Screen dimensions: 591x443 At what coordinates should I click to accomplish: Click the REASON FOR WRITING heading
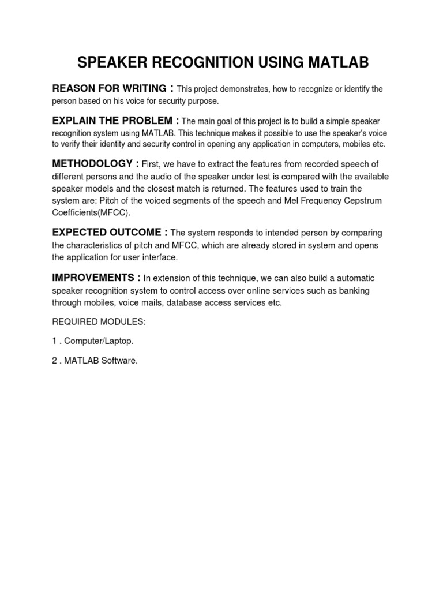point(109,88)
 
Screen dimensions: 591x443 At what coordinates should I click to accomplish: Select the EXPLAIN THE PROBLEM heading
point(112,121)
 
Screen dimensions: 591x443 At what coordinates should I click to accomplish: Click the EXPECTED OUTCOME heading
point(106,232)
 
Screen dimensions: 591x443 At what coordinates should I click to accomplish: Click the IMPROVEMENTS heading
point(93,278)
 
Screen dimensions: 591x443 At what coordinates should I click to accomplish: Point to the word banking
point(354,290)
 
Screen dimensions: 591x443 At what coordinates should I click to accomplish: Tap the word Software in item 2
point(121,361)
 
